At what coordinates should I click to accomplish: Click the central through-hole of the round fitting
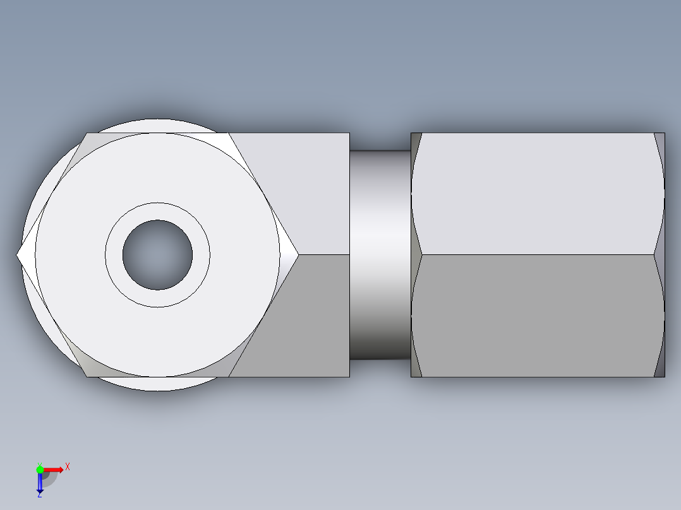click(x=157, y=255)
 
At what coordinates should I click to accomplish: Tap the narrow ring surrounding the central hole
click(x=114, y=255)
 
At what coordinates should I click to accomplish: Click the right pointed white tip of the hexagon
click(x=292, y=255)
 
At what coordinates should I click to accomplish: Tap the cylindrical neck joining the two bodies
click(x=380, y=255)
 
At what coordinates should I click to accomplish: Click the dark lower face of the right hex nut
click(x=537, y=316)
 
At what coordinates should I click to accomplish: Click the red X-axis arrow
click(x=55, y=469)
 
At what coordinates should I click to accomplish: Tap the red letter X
click(x=68, y=466)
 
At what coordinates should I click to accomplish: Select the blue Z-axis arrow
click(x=40, y=483)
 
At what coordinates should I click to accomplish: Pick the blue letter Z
click(x=39, y=495)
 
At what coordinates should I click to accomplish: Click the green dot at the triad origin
click(x=40, y=470)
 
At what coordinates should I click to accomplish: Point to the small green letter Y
click(x=39, y=463)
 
